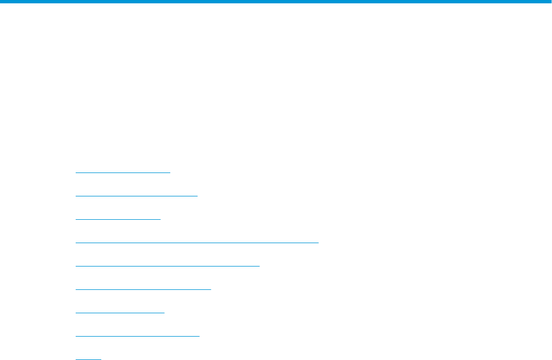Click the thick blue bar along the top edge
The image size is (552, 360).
click(276, 2)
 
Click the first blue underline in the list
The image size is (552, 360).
click(122, 172)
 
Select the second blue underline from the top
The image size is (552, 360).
click(136, 196)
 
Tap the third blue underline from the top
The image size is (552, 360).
click(117, 219)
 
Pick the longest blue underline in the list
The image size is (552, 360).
click(196, 243)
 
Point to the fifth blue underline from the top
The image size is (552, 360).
click(167, 266)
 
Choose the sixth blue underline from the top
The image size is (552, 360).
click(143, 289)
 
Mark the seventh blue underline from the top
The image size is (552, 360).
click(120, 313)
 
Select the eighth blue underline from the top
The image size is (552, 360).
click(137, 336)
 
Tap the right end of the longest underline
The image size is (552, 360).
click(318, 243)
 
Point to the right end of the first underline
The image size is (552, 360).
click(170, 172)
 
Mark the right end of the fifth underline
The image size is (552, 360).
click(259, 266)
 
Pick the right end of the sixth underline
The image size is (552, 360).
click(211, 289)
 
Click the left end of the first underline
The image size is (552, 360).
click(76, 172)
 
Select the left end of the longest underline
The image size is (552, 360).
click(76, 243)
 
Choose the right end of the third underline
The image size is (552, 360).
click(160, 219)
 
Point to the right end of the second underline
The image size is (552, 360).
click(198, 196)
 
